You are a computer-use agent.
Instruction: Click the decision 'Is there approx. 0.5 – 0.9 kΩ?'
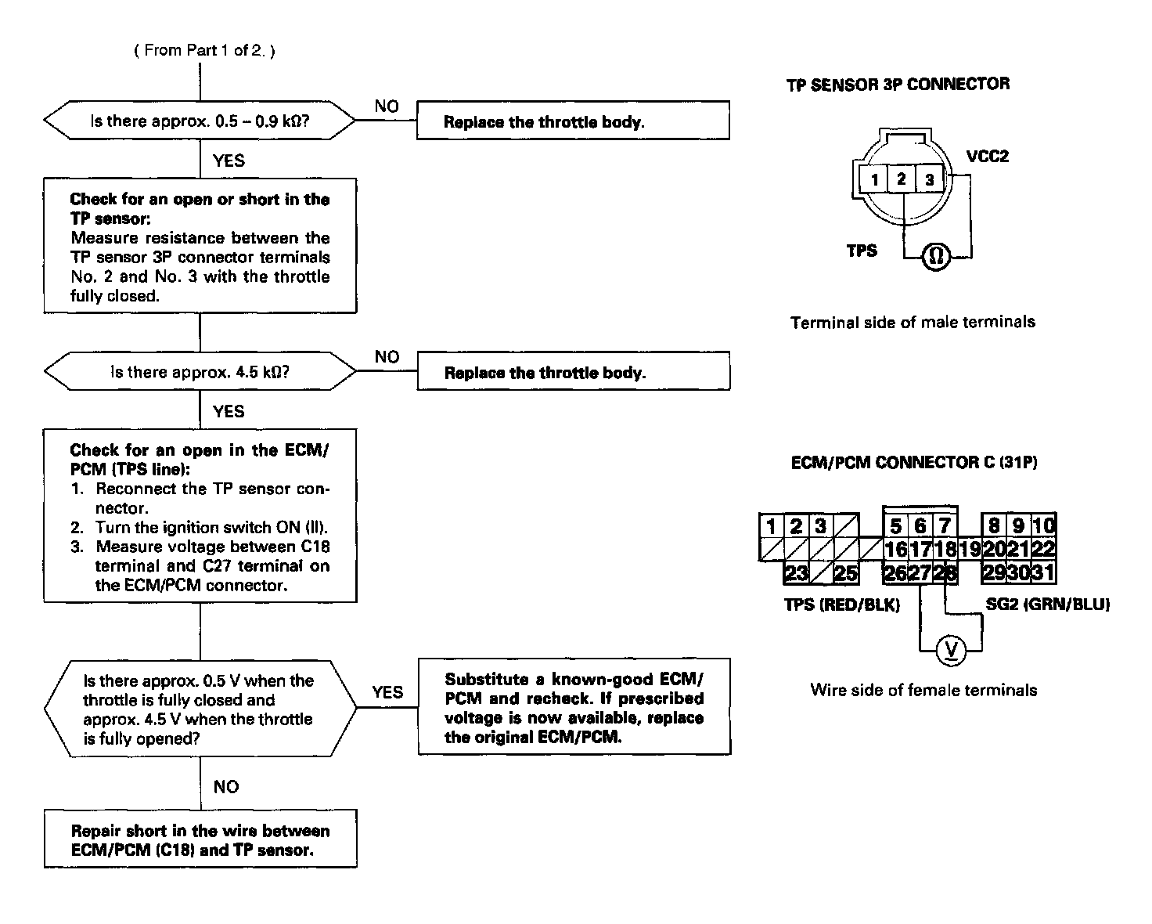pos(199,121)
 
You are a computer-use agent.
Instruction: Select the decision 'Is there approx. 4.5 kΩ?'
pos(199,372)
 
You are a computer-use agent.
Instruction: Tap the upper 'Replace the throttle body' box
pos(573,121)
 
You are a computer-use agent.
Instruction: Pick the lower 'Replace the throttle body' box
pos(573,373)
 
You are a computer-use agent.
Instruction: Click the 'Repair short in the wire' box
pos(200,840)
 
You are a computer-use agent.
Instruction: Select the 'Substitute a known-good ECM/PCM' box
pos(574,708)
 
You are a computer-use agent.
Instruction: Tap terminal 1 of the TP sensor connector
pos(874,179)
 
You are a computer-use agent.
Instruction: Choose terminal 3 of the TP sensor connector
pos(929,179)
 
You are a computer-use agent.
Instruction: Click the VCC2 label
pos(988,157)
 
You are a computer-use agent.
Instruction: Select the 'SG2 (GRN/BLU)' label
pos(1047,605)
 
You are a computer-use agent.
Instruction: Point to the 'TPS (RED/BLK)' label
pos(842,605)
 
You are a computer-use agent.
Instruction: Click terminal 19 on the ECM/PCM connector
pos(970,549)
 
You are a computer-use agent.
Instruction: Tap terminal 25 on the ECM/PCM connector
pos(845,573)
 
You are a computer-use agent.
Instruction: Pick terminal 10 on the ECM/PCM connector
pos(1044,525)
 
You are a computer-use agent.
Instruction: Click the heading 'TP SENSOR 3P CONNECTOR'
pos(898,85)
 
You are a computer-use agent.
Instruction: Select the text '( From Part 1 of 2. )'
pos(205,50)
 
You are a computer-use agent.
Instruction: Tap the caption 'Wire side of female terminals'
pos(923,691)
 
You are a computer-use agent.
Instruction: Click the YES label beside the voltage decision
pos(387,692)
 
